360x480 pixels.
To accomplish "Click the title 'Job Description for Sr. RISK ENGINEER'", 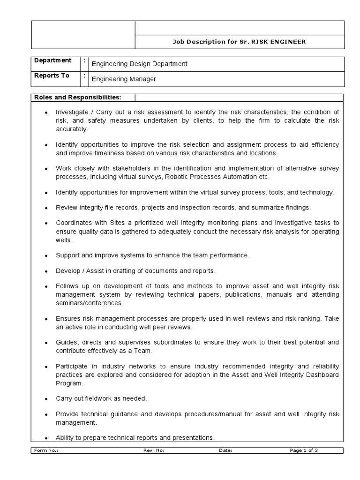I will (x=239, y=42).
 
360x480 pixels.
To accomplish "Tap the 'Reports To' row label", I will (x=52, y=76).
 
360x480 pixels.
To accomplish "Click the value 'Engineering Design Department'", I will (x=139, y=64).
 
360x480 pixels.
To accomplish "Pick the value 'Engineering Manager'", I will (x=124, y=79).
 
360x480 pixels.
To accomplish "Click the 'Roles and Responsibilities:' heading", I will (x=77, y=97).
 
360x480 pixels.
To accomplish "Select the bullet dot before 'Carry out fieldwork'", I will (x=45, y=399).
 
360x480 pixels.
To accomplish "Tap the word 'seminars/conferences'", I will (x=89, y=303).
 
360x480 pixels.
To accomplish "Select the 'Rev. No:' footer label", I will (x=154, y=450).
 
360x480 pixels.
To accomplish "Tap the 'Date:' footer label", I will (x=225, y=450).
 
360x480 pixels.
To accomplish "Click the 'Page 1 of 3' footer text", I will (x=304, y=450).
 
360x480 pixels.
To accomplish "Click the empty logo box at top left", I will (x=83, y=35).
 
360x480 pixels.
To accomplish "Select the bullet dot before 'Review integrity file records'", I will (x=45, y=208).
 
